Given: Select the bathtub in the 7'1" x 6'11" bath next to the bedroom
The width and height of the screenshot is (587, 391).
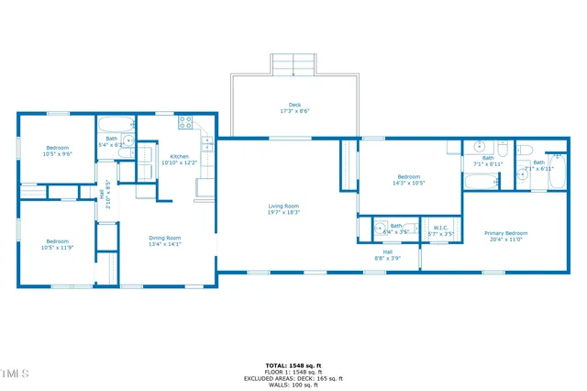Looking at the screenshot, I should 482,182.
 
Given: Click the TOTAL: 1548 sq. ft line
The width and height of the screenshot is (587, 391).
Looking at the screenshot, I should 293,365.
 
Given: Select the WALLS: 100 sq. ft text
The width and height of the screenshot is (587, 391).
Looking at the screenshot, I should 293,384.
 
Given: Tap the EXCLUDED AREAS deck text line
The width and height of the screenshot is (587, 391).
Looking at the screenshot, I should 293,378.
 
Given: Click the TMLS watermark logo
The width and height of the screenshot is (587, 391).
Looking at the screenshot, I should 16,374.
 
